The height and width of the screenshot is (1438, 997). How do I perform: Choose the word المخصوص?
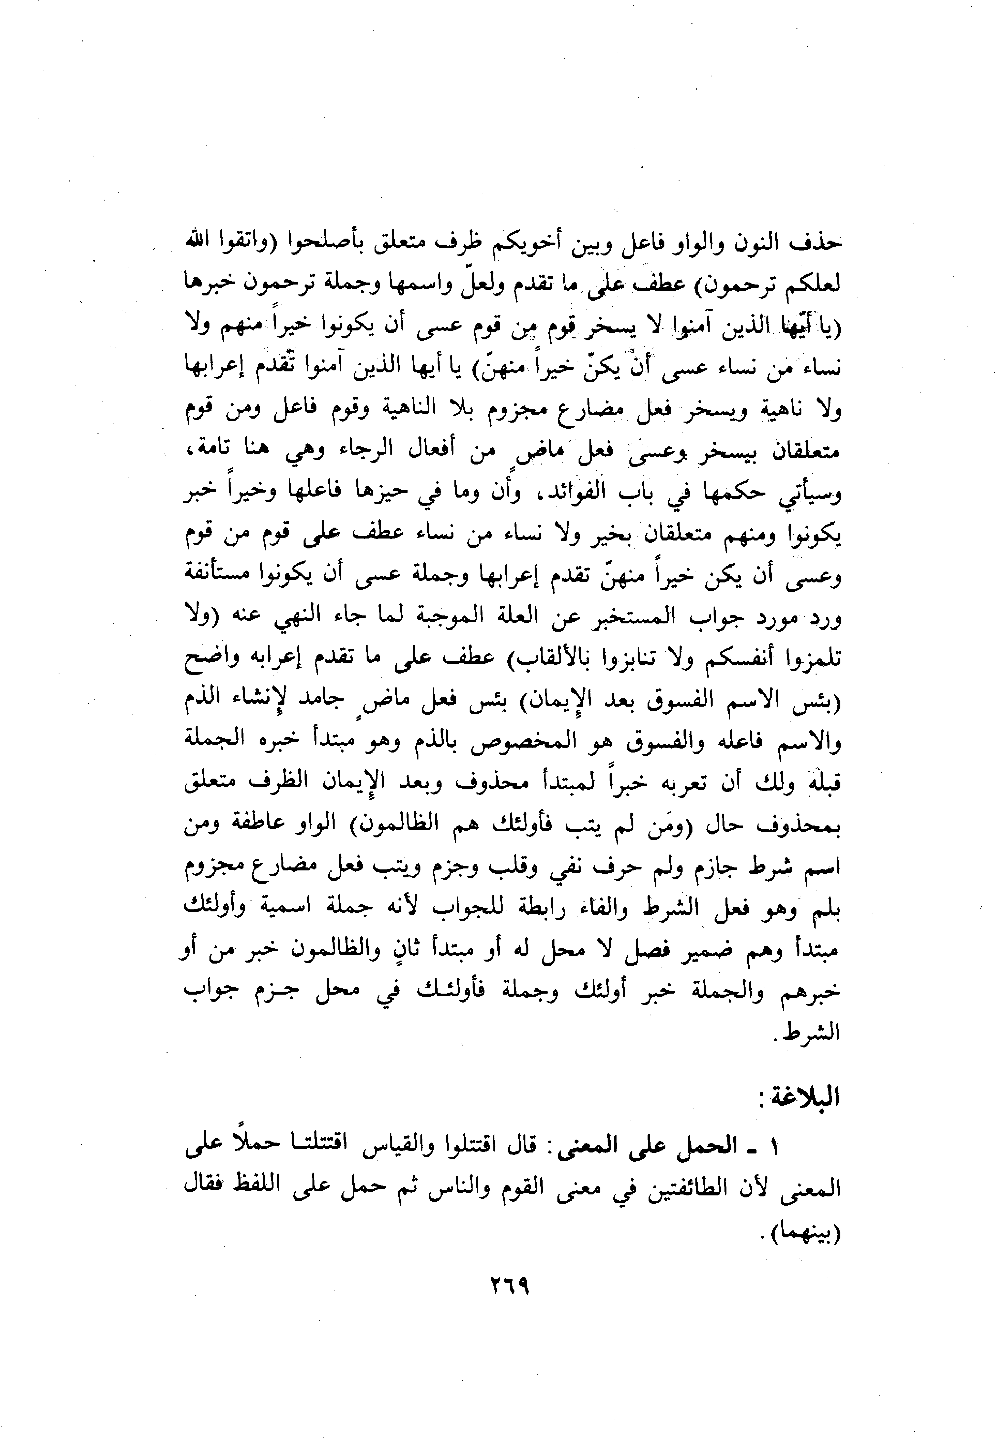click(500, 742)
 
